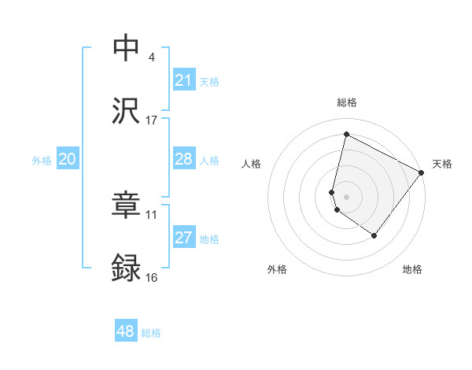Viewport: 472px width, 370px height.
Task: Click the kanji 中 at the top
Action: coord(126,49)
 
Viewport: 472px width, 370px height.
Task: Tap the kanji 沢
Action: coord(126,111)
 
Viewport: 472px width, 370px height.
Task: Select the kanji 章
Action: coord(126,206)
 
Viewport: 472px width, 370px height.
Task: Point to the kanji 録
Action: coord(126,268)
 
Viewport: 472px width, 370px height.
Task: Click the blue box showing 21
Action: coord(183,80)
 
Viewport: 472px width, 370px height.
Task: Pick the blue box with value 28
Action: coord(183,160)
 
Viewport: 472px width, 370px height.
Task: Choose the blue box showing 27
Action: coord(183,238)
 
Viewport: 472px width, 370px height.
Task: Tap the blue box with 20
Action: coord(67,160)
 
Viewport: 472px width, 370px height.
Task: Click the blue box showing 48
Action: coord(126,331)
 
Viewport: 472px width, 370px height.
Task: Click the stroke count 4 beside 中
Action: coord(152,57)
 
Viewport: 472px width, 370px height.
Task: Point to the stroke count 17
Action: coord(152,120)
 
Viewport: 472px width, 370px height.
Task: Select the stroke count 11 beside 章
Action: coord(152,214)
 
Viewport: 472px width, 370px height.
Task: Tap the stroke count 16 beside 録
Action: coord(152,277)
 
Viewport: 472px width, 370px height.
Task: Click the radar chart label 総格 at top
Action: coord(346,102)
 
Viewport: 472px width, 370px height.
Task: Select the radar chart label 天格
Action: coord(442,164)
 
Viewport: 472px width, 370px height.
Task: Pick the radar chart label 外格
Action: coord(277,269)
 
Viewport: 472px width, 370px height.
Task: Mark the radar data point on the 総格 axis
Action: coord(346,135)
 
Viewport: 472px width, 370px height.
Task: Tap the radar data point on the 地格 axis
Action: coord(374,235)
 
